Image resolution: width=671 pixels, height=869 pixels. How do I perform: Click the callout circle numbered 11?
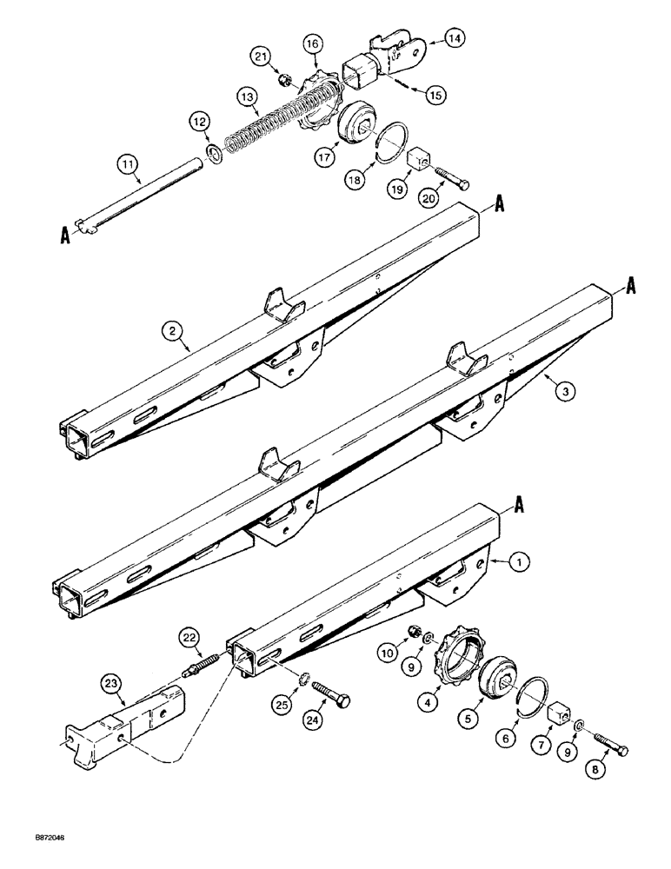pyautogui.click(x=128, y=163)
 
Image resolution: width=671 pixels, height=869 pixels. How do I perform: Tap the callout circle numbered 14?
pyautogui.click(x=455, y=37)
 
